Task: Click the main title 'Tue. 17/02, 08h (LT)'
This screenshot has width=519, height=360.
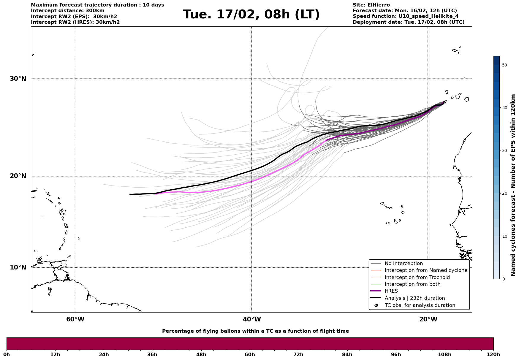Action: [251, 15]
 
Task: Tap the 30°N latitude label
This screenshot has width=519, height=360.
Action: [18, 79]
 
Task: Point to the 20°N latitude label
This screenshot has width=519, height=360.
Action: [18, 176]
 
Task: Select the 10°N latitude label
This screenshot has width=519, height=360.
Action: [18, 267]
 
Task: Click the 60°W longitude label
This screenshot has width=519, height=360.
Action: [75, 319]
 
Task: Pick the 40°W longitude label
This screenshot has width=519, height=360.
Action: [252, 319]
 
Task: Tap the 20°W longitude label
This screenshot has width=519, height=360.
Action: [428, 319]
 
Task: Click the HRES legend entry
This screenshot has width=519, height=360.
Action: [391, 291]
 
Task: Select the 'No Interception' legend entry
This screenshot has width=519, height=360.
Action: [404, 264]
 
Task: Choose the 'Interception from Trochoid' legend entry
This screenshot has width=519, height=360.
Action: [417, 277]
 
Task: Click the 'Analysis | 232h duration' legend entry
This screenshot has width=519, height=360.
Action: [414, 298]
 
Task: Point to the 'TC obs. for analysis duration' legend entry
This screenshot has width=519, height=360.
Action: [420, 305]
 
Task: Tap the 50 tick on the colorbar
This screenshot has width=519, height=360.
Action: [504, 65]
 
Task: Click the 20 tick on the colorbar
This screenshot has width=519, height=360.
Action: [504, 193]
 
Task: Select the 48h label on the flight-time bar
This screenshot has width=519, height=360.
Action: [201, 354]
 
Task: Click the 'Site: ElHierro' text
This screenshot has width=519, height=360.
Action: [371, 5]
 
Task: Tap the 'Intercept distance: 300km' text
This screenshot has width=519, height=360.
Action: [67, 11]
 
